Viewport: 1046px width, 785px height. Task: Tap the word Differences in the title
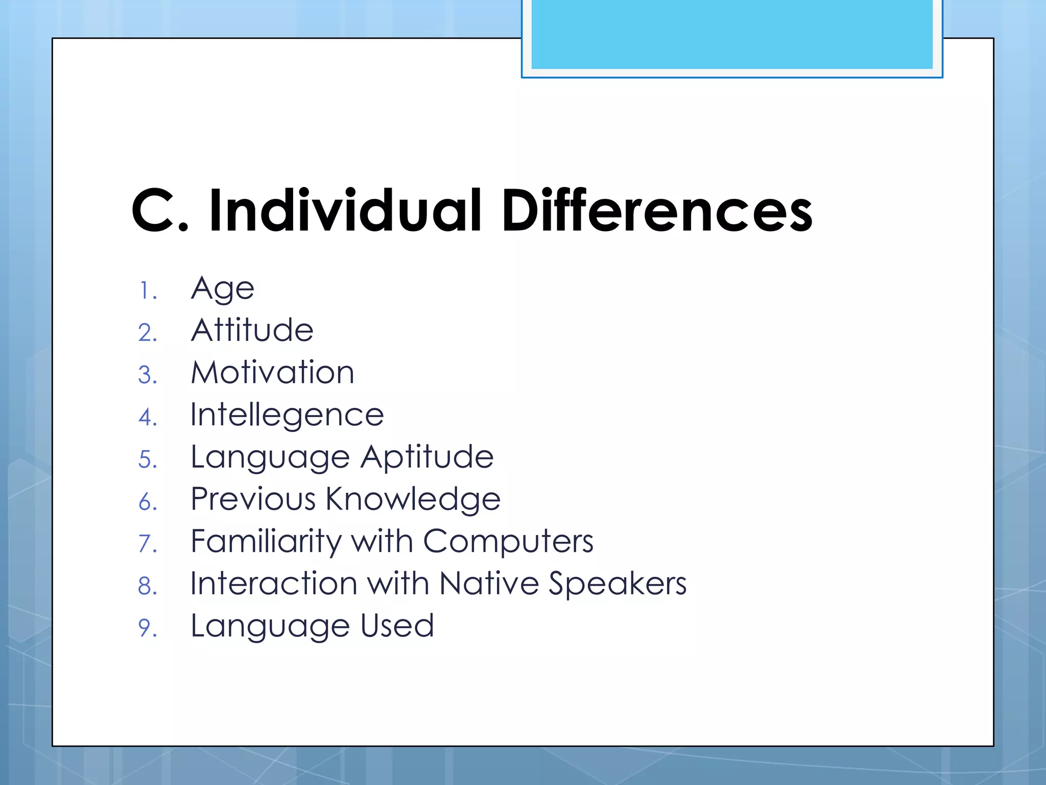[x=657, y=211]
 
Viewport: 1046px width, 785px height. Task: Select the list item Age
[x=222, y=289]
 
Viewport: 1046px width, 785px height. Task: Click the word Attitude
[x=252, y=330]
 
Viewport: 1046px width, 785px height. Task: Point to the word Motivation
[x=272, y=372]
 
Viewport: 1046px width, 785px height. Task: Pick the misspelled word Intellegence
[x=287, y=415]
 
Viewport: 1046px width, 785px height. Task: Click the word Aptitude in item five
[x=427, y=457]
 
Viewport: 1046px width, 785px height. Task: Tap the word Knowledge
[x=413, y=499]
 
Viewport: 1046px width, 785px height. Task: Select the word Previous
[x=253, y=499]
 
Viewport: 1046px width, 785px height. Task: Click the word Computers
[x=508, y=541]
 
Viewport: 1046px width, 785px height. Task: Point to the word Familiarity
[x=266, y=542]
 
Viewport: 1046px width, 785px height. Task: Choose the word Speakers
[x=617, y=584]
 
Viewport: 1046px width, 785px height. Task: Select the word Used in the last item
[x=397, y=626]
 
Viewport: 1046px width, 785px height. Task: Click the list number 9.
[x=147, y=628]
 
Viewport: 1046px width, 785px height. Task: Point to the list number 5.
[x=147, y=459]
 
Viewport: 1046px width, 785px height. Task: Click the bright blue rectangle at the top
[x=731, y=34]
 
